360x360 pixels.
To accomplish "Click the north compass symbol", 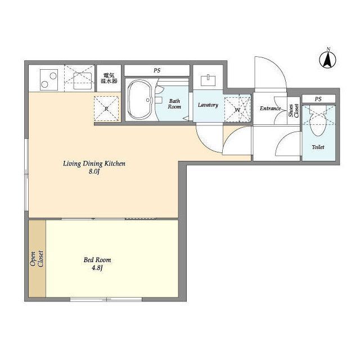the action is pos(327,58).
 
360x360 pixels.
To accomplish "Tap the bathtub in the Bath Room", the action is pos(140,100).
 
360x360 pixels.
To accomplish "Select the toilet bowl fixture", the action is pos(318,121).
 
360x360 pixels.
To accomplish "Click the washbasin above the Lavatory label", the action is pos(208,80).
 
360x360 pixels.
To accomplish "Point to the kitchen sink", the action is pos(83,81).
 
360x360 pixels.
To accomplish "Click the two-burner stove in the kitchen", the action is pos(49,80).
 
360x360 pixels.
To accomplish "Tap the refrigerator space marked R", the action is pos(106,109).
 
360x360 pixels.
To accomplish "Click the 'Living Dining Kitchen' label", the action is pos(94,164).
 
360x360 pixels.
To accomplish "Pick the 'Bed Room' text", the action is pos(97,260).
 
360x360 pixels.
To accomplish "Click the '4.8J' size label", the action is pos(97,268).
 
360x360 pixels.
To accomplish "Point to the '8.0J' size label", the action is pos(94,172).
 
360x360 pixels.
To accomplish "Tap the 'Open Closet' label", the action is pos(37,259).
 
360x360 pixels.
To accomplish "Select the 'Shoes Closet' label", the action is pos(294,111).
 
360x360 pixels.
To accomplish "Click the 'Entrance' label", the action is pos(270,108).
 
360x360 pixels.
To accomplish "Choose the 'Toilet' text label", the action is pos(318,147).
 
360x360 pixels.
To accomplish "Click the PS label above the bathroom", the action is pos(157,70).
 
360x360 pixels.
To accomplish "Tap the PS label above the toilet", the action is pos(318,99).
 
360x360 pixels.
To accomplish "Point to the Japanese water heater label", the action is pos(109,78).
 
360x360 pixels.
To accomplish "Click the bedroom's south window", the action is pos(106,299).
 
